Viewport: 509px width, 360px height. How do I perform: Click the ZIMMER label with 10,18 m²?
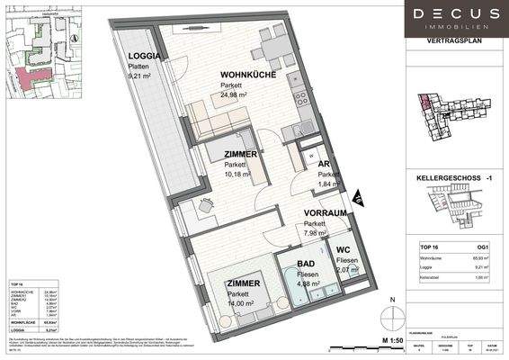tap(241, 154)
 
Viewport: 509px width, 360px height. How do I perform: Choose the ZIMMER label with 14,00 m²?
tap(242, 283)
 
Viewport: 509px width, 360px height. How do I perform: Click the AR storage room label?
tap(321, 164)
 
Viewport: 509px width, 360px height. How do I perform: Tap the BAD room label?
tap(306, 265)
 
